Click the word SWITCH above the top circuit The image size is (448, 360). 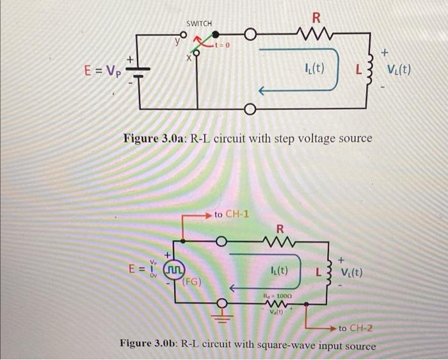[198, 24]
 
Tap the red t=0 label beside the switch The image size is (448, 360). [226, 46]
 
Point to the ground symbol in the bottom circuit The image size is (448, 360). [223, 314]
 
